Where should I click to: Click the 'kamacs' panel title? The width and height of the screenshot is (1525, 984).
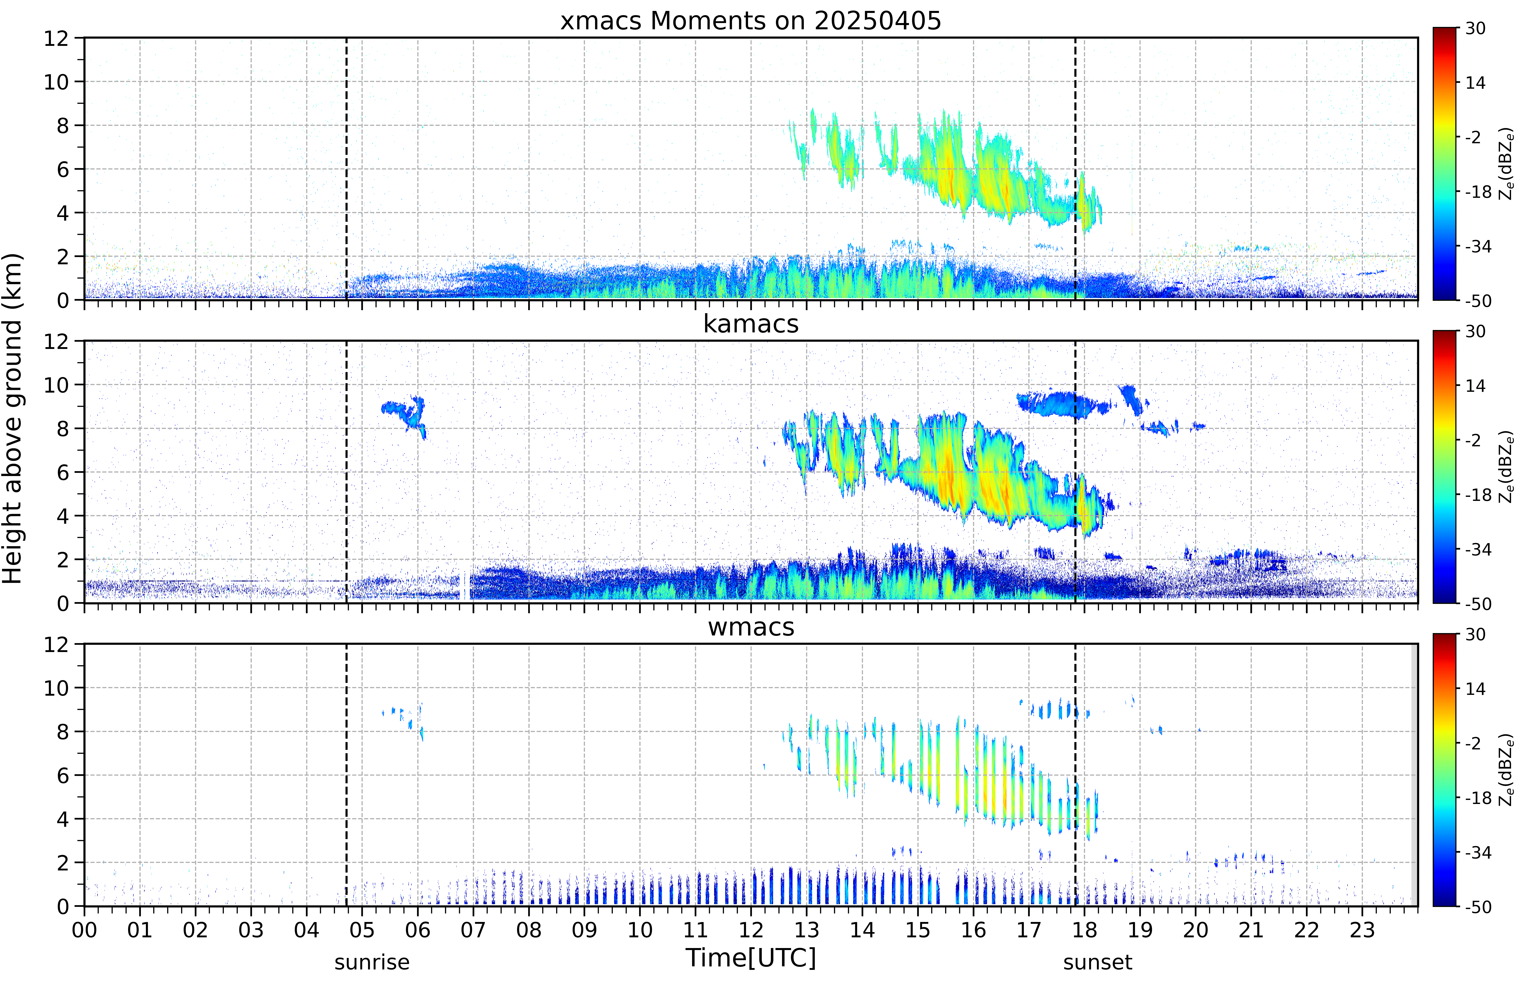[x=751, y=324]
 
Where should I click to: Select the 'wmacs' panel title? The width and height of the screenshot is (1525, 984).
[x=751, y=627]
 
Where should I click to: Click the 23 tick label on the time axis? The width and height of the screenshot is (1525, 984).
[x=1362, y=930]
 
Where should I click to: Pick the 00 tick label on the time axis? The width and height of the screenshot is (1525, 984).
[x=84, y=930]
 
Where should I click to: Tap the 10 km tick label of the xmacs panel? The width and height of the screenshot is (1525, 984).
[x=56, y=82]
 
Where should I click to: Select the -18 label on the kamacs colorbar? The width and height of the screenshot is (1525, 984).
[x=1478, y=495]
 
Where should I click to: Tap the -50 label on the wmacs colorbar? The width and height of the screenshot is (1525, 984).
[x=1478, y=907]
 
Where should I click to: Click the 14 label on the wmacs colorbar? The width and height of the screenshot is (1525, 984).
[x=1475, y=689]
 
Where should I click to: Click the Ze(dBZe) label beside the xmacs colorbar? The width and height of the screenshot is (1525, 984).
[x=1506, y=164]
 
